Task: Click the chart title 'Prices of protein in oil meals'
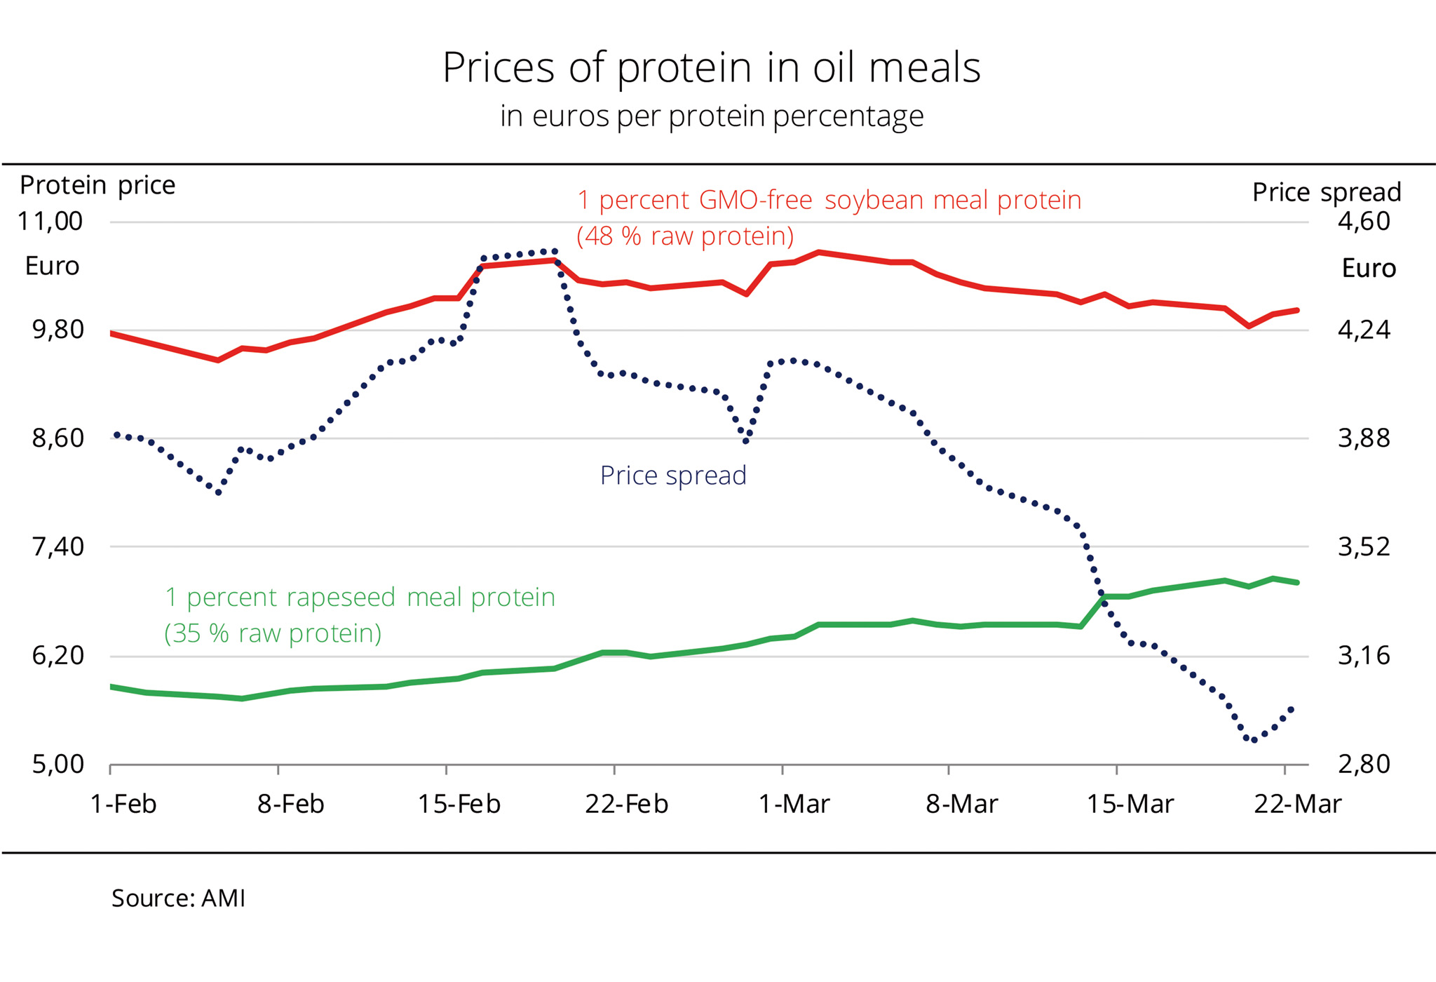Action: pos(711,68)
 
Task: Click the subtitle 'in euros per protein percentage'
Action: pos(711,116)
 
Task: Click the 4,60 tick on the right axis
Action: pos(1363,222)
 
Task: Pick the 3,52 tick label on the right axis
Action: pos(1363,546)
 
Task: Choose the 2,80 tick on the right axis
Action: pos(1363,764)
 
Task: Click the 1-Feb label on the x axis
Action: pos(123,804)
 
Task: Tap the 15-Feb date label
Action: pos(459,804)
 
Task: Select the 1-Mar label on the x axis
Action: pos(794,804)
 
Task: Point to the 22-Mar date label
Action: pos(1297,804)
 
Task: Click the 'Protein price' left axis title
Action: pos(97,185)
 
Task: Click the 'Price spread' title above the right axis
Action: pos(1326,192)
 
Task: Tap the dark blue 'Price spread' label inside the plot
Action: pos(673,476)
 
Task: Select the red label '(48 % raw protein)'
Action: pos(685,236)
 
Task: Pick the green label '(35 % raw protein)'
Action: pos(273,633)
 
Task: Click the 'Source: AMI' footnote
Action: pos(178,899)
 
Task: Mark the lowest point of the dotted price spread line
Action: pos(1254,740)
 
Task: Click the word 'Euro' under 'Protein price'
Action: pos(52,267)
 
